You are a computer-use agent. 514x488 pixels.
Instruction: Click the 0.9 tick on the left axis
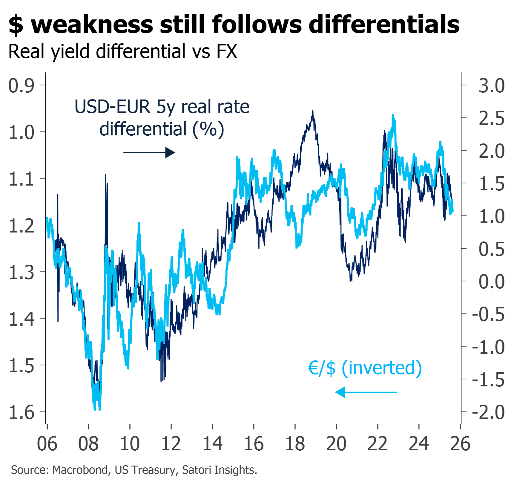[22, 85]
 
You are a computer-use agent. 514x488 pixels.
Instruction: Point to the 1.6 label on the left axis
[22, 412]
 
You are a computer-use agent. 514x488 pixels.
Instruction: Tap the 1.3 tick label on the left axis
[22, 272]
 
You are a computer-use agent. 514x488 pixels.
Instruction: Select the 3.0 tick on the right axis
[492, 85]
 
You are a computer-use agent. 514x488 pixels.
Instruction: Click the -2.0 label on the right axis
[488, 412]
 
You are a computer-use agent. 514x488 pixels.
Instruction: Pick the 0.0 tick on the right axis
[492, 282]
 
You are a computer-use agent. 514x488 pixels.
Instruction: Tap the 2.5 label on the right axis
[492, 118]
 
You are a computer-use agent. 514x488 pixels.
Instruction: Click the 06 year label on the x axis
[47, 444]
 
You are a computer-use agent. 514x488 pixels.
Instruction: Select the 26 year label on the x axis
[460, 444]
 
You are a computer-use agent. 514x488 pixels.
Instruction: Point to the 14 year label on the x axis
[213, 444]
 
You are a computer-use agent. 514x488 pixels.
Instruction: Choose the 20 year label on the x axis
[336, 444]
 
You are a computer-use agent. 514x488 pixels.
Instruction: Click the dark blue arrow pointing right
[149, 153]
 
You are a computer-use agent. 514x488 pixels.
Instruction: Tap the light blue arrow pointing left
[366, 392]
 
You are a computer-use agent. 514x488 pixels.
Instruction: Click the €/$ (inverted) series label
[365, 368]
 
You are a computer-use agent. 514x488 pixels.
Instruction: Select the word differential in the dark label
[143, 129]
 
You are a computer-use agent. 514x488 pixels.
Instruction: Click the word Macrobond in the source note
[80, 470]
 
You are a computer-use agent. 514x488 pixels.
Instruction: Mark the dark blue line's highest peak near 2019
[313, 112]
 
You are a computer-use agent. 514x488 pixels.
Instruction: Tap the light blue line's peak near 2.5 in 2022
[393, 115]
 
